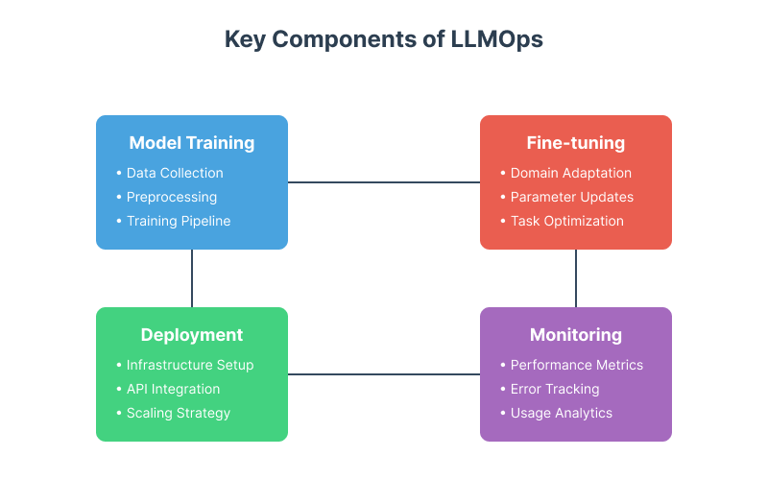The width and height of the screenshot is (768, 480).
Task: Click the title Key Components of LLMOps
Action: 384,39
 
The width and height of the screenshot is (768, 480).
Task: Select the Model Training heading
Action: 192,143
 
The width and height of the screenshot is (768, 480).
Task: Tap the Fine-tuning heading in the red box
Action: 576,143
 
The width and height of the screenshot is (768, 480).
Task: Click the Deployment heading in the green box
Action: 192,335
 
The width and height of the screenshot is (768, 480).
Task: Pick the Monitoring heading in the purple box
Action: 576,335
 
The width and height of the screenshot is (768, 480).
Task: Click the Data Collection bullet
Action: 175,173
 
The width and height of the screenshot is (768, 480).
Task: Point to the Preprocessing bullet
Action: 172,197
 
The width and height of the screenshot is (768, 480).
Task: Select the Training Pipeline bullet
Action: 179,221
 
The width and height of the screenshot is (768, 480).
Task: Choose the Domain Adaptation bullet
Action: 570,173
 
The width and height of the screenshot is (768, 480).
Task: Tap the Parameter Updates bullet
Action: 571,197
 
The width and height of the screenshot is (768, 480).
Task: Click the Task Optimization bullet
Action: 566,221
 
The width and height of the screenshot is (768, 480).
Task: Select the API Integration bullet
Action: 173,389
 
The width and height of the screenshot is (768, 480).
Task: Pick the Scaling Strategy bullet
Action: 179,413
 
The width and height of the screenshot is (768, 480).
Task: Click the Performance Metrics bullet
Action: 576,365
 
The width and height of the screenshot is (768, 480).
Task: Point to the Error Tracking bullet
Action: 555,389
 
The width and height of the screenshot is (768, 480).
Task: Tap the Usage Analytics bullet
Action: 561,413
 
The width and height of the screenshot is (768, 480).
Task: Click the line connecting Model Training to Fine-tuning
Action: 384,181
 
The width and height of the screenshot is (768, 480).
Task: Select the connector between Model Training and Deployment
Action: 192,278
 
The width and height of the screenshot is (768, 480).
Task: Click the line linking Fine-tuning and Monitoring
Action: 576,278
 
